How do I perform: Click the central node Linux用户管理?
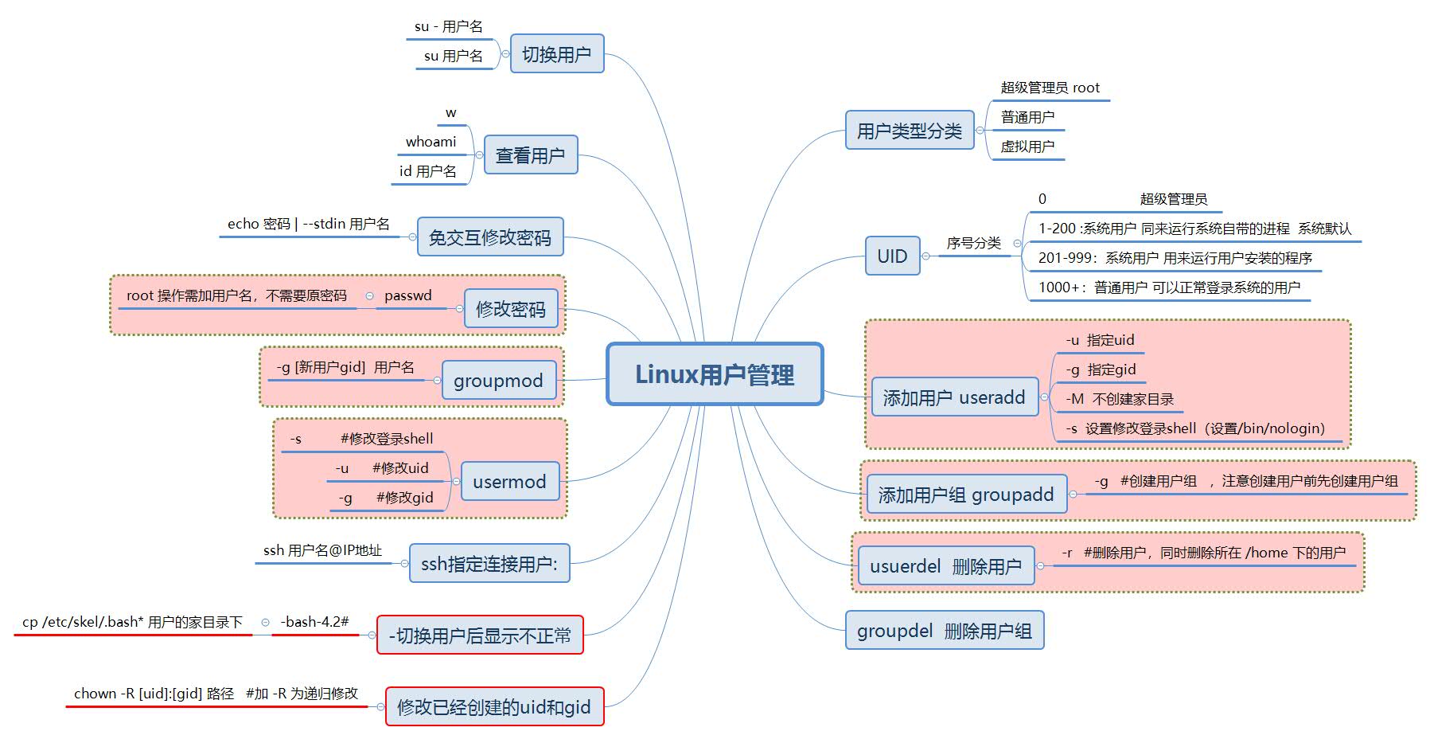coord(714,374)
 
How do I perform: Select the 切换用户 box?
coord(556,54)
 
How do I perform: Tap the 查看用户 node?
coord(530,154)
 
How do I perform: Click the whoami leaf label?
coord(431,142)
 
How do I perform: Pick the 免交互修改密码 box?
coord(489,237)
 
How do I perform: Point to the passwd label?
coord(407,295)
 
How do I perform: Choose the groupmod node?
coord(498,381)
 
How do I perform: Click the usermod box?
coord(509,482)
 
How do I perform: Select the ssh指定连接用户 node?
coord(489,564)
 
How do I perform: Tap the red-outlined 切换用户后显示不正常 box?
coord(479,635)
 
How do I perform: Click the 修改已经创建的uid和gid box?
coord(493,706)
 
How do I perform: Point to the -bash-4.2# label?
coord(314,622)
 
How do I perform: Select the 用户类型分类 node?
coord(909,131)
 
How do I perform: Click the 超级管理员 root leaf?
coord(1050,88)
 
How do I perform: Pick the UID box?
coord(892,256)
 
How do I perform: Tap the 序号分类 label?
coord(973,243)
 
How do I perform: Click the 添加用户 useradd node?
coord(953,397)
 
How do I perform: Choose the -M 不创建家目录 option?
coord(1119,399)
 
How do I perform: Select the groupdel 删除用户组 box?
coord(944,631)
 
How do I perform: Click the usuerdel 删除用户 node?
coord(945,566)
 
